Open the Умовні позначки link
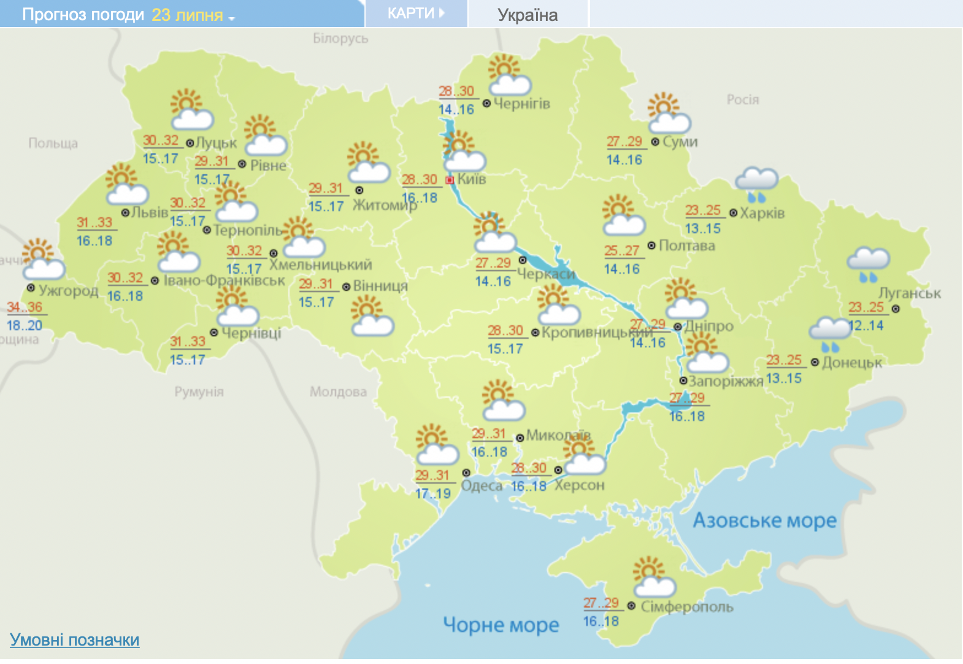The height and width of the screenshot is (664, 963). (x=75, y=639)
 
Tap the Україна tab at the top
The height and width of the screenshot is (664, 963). (x=528, y=15)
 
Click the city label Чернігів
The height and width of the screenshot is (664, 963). (x=521, y=103)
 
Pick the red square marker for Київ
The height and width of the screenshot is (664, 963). (x=450, y=180)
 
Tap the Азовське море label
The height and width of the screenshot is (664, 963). (x=764, y=520)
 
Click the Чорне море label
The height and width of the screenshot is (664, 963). (x=501, y=625)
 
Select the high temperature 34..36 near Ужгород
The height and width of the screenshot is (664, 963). (x=25, y=307)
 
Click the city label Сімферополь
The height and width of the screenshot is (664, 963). (x=687, y=606)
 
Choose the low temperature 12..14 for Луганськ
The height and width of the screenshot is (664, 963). (x=866, y=325)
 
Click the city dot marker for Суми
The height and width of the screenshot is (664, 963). (x=655, y=142)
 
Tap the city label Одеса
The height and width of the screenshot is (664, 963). (x=481, y=486)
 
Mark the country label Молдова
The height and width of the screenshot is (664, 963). (x=338, y=392)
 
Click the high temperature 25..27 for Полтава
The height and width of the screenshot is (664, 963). (x=621, y=250)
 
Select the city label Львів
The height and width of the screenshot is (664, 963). (x=150, y=212)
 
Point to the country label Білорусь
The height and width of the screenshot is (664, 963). (x=340, y=38)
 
